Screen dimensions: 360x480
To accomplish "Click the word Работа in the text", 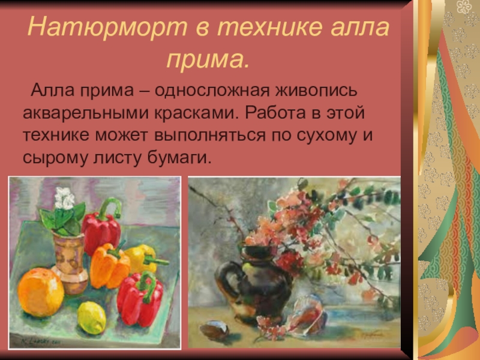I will click(x=277, y=113).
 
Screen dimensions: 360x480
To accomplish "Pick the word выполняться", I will click(x=214, y=134).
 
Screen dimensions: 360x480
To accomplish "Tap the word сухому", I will click(x=326, y=134).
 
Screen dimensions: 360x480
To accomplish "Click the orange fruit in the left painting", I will click(x=40, y=292).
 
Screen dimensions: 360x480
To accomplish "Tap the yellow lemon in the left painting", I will click(x=92, y=317).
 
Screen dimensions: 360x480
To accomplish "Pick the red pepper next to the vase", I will click(x=101, y=229).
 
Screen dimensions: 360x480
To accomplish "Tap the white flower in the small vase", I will click(x=64, y=198).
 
